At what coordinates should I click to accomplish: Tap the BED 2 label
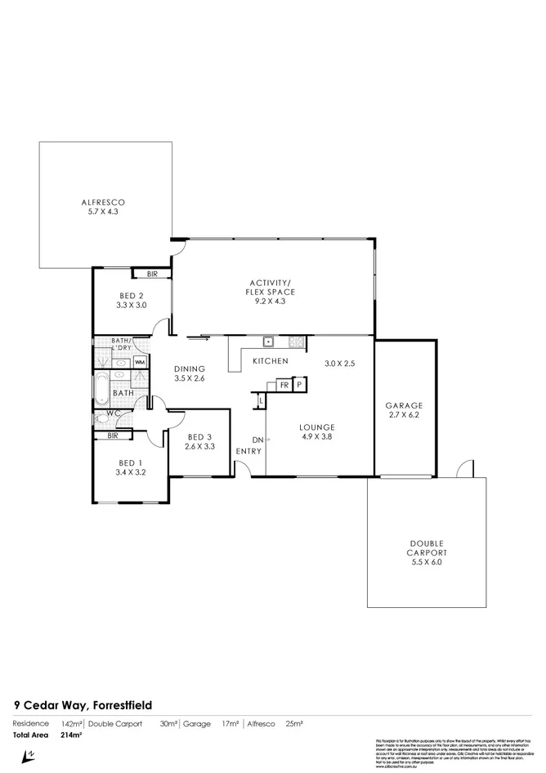(131, 296)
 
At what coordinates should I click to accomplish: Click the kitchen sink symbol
(267, 341)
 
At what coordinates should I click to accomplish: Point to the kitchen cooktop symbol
(296, 341)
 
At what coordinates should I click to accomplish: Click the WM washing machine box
(140, 362)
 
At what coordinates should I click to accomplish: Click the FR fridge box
(284, 385)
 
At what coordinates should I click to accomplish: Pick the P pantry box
(299, 385)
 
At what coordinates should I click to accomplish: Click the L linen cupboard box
(261, 400)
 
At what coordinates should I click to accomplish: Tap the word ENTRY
(248, 451)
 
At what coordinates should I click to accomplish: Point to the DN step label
(257, 440)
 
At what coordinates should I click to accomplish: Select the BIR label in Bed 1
(113, 436)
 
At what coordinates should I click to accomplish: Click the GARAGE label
(404, 405)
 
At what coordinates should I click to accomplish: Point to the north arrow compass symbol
(29, 756)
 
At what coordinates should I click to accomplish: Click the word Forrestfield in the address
(121, 704)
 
